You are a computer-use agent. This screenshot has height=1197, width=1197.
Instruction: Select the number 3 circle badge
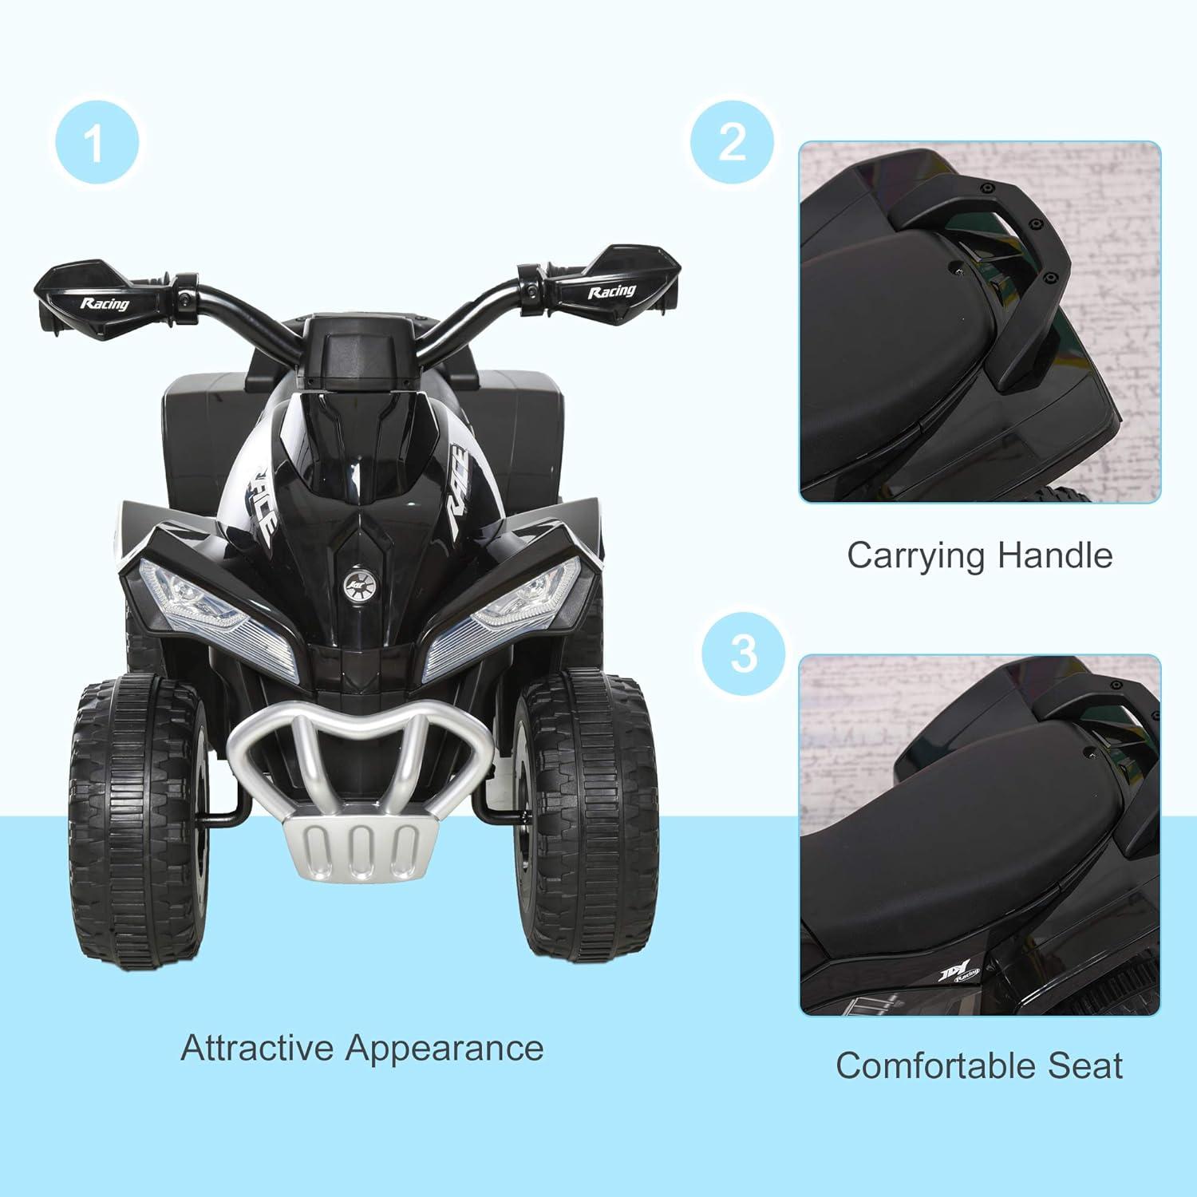tap(742, 653)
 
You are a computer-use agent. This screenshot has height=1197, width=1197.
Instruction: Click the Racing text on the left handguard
tap(104, 303)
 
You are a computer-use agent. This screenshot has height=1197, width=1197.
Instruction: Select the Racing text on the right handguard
tap(612, 291)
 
